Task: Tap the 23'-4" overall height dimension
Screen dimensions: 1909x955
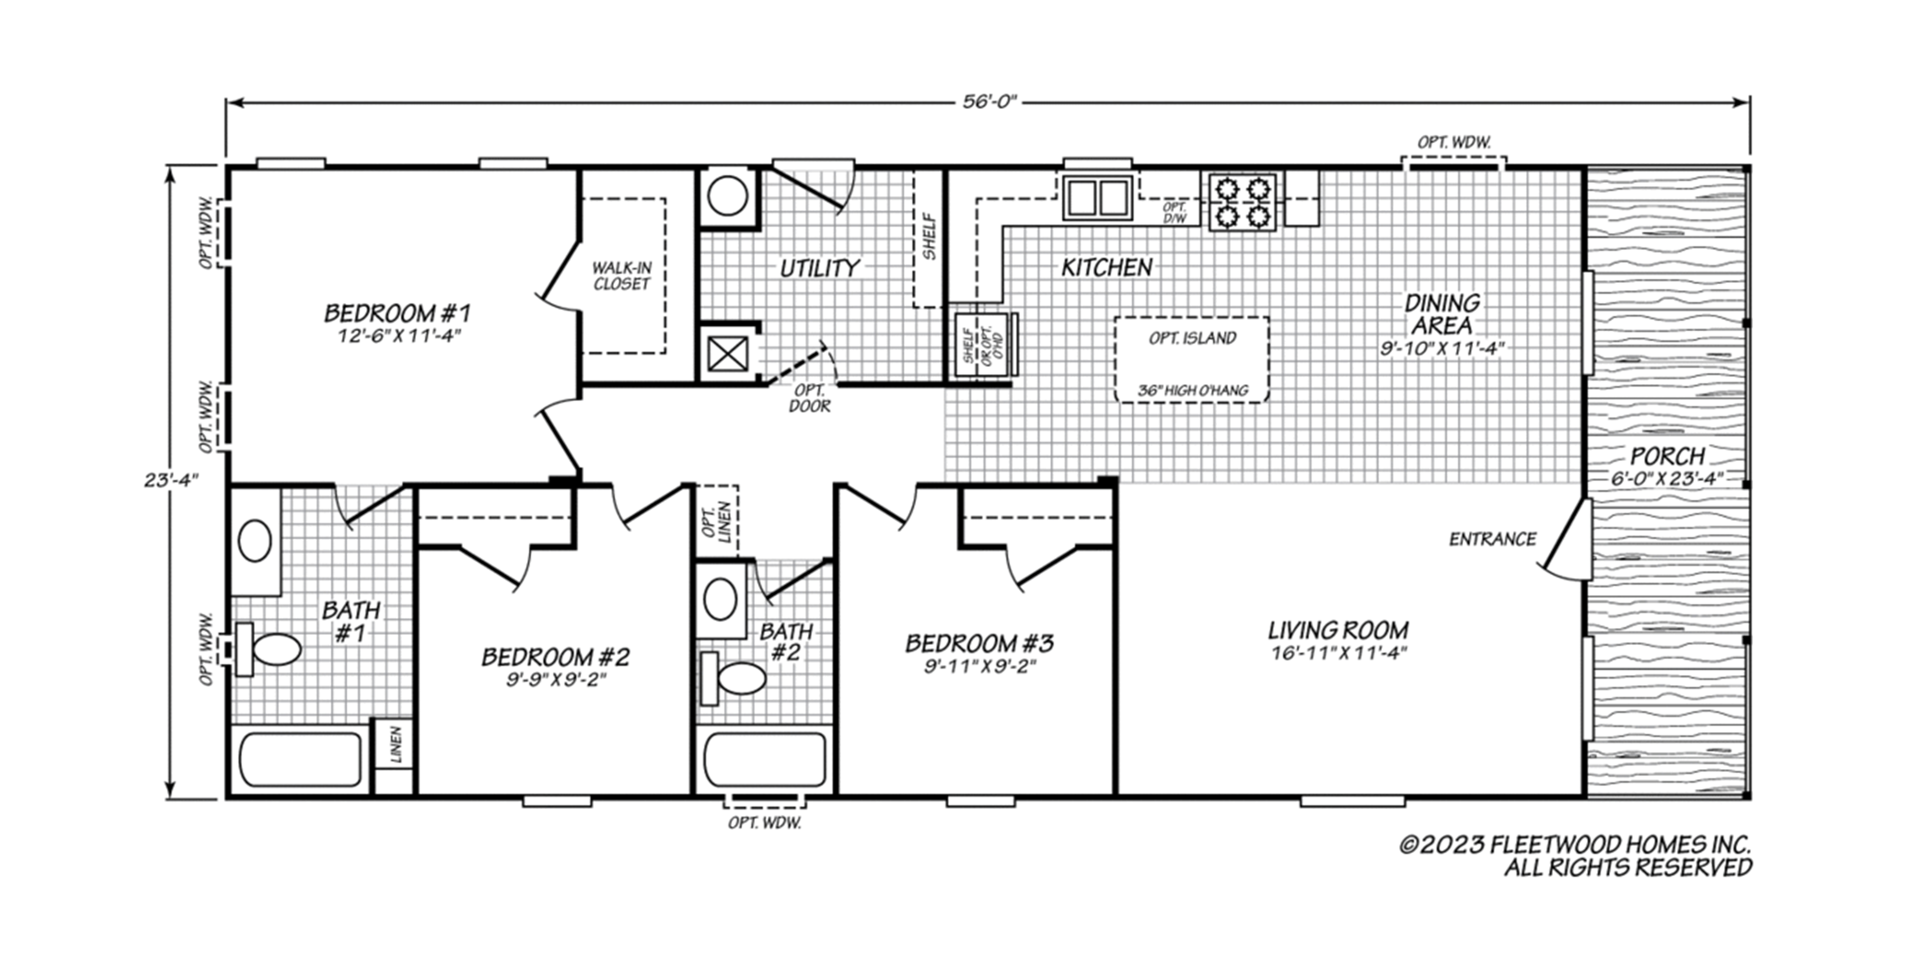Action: tap(171, 480)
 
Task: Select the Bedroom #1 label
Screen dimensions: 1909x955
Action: tap(398, 313)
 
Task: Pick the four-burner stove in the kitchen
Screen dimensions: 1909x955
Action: tap(1243, 202)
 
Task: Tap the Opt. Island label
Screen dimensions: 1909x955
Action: tap(1192, 338)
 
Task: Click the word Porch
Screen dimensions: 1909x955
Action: tap(1668, 455)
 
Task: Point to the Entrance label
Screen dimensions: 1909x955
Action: tap(1493, 539)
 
